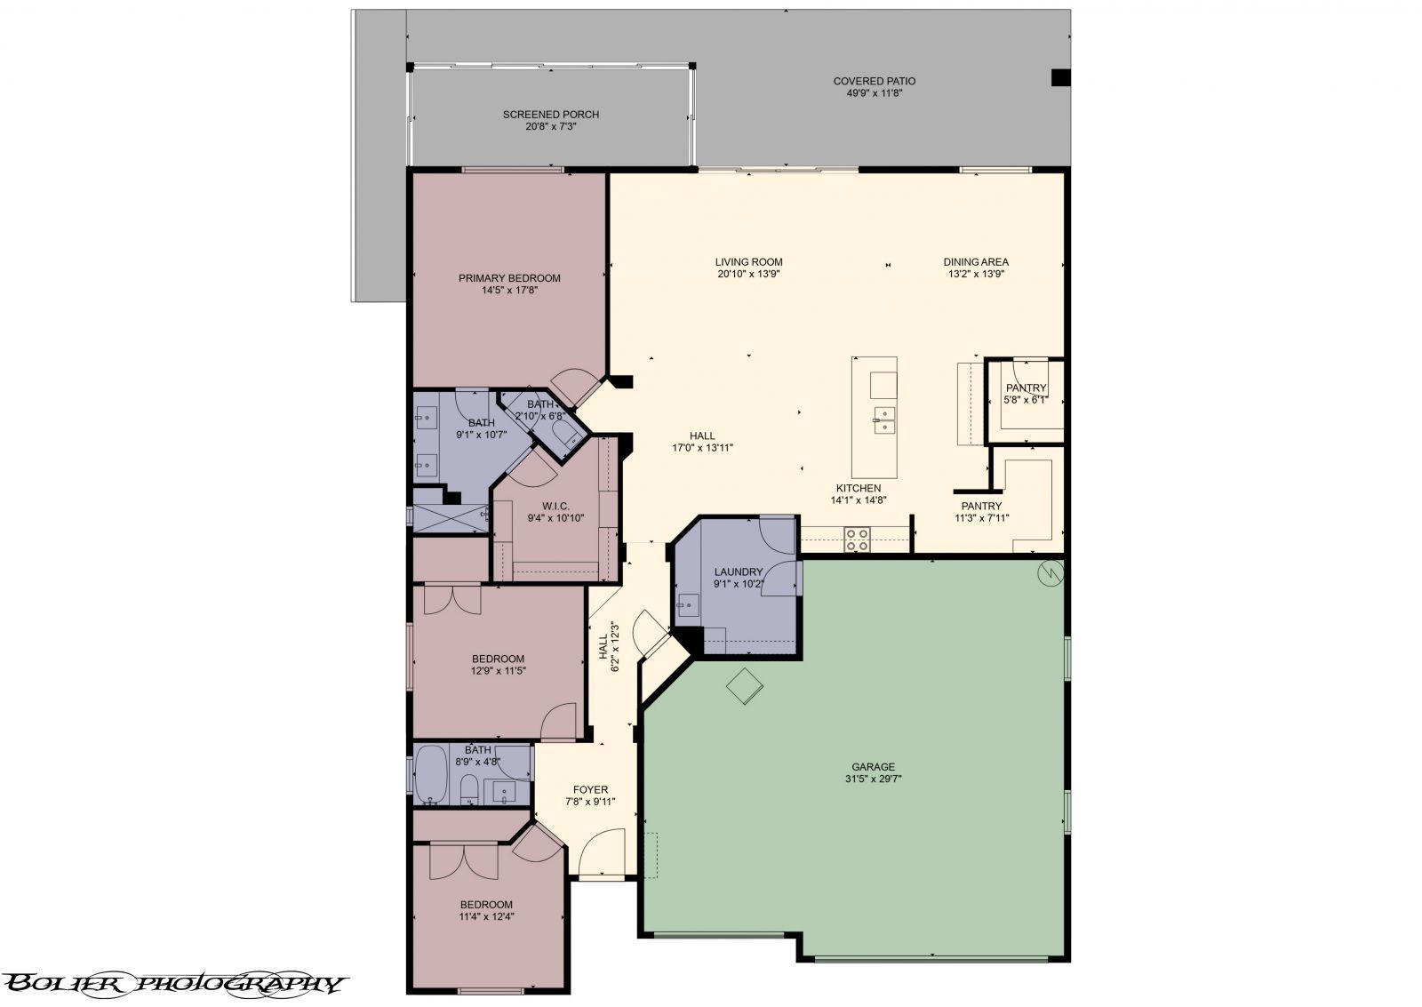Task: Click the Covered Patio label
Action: coord(874,81)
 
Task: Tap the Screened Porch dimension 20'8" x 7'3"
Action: coord(550,126)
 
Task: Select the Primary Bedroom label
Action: coord(509,278)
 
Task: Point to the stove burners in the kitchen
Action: coord(857,539)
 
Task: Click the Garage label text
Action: coord(873,766)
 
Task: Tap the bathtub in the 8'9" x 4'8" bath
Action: coord(432,775)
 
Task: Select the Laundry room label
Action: coord(738,571)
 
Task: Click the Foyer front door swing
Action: coord(600,851)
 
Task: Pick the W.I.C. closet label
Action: coord(555,506)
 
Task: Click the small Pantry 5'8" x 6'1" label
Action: coord(1026,388)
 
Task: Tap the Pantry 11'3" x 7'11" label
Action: coord(981,506)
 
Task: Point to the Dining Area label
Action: coord(975,262)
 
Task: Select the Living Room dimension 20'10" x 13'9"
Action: coord(748,274)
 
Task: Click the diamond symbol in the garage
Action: coord(744,686)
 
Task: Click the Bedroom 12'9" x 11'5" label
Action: coord(497,659)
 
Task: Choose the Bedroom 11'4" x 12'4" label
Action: coord(485,904)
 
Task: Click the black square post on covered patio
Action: coord(1060,77)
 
